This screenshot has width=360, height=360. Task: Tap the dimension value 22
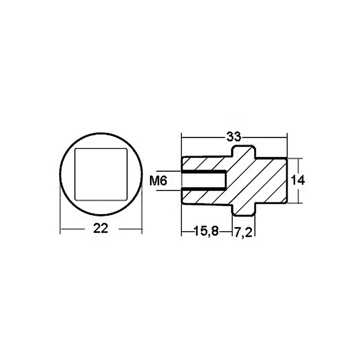tap(101, 229)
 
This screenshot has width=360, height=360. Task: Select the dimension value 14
tap(298, 180)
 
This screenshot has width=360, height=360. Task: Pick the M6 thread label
tap(158, 181)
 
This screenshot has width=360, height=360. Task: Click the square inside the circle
tap(101, 173)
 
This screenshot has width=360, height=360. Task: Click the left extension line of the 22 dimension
tap(61, 207)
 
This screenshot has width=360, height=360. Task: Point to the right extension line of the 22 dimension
tap(143, 207)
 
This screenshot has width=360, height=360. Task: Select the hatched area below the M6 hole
tap(202, 197)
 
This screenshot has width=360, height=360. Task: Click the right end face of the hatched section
tap(287, 180)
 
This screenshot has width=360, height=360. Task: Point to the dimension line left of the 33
tap(202, 135)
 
